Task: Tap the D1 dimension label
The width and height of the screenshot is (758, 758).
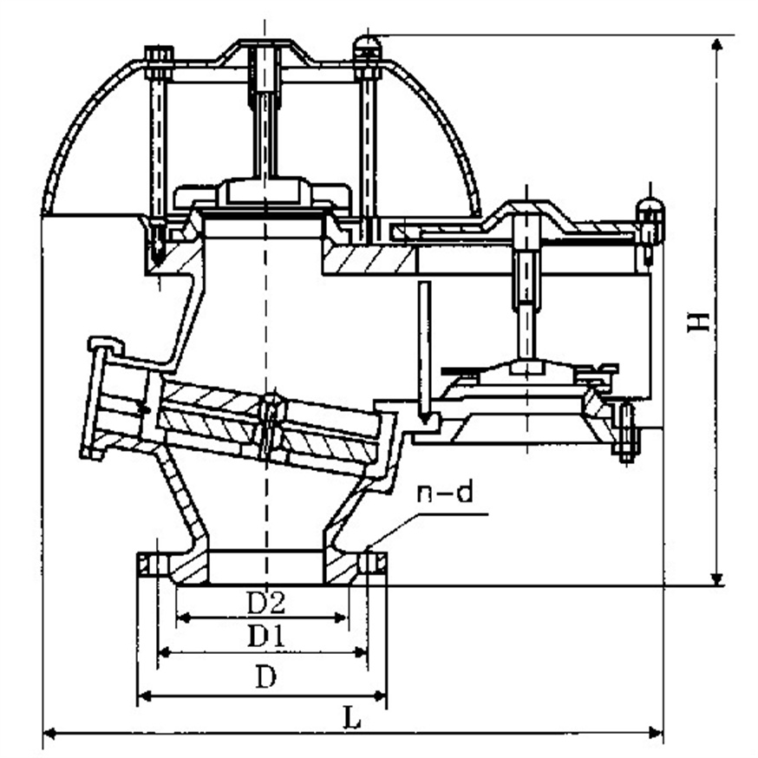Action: [266, 637]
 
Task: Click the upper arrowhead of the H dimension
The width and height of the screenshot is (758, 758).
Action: [717, 43]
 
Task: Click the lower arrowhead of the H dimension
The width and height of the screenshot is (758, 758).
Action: [717, 578]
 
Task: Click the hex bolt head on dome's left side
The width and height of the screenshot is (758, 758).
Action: [159, 57]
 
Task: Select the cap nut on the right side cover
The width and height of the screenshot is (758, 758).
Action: [650, 211]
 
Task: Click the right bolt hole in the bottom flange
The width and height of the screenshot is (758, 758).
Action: [373, 565]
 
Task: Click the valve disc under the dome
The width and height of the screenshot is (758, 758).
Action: [264, 193]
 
